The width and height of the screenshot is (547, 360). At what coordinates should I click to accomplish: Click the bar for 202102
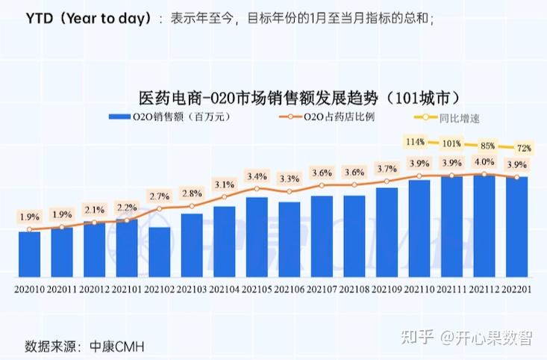point(159,250)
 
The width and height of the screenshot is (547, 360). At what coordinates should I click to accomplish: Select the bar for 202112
point(484,224)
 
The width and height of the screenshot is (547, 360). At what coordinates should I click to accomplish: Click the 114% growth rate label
point(416,141)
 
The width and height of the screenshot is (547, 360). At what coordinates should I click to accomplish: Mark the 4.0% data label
point(484,162)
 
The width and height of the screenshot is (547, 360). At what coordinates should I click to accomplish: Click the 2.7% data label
point(159,196)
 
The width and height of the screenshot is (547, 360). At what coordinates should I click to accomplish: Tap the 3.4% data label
point(257,176)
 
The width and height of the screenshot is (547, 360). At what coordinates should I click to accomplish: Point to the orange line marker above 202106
point(289,192)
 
